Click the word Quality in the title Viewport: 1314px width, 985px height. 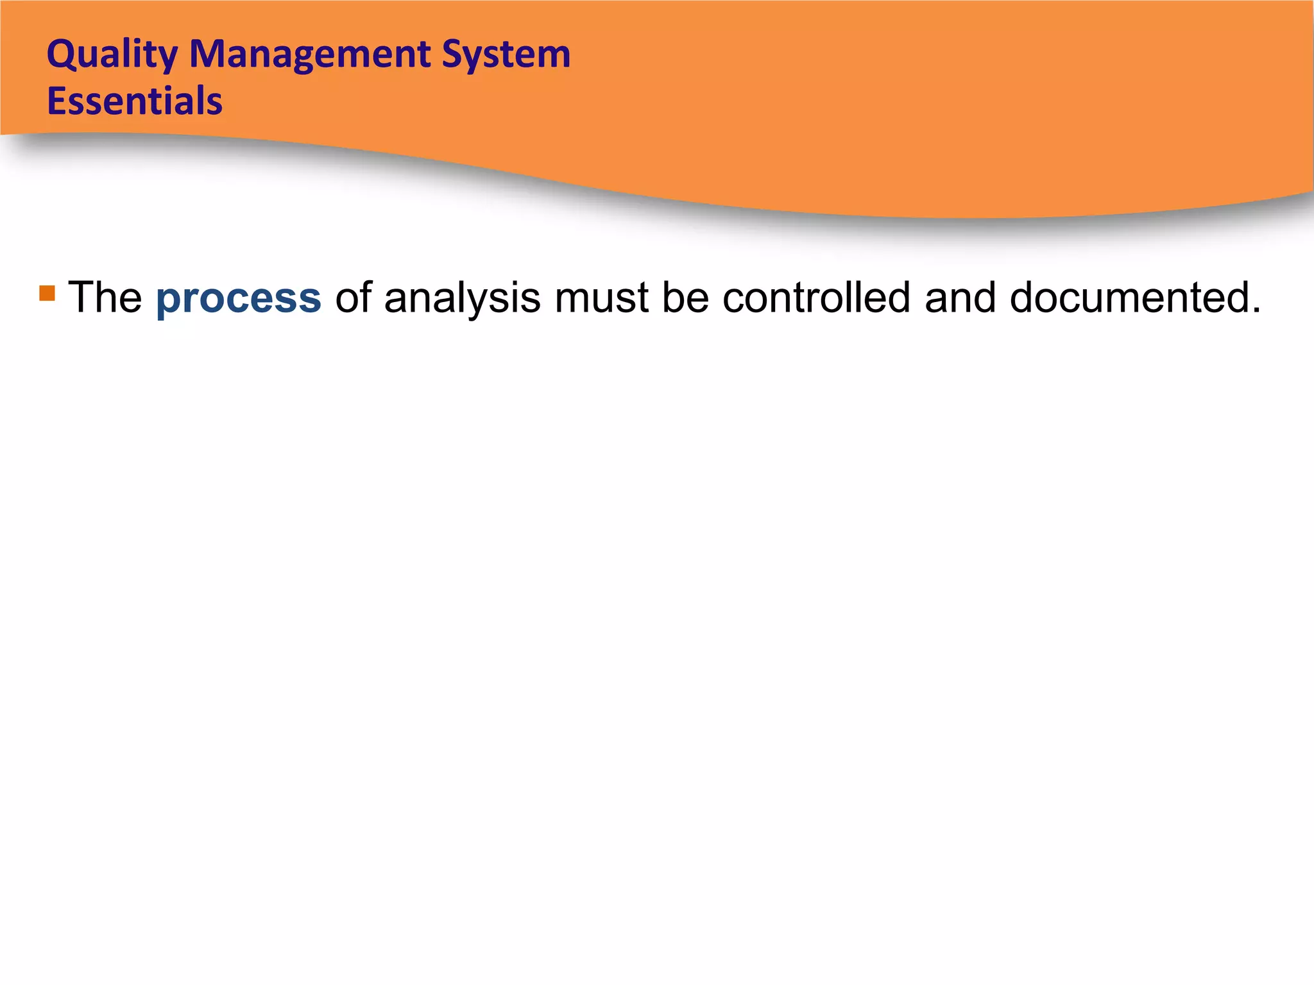coord(112,55)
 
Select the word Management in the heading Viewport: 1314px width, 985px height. coord(309,55)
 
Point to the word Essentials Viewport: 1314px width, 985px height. coord(135,101)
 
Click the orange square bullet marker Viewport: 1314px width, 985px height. coord(47,293)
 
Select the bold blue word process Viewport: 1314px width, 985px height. coord(239,299)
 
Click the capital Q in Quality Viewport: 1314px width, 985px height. coord(62,55)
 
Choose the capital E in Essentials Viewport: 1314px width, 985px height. coord(56,101)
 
